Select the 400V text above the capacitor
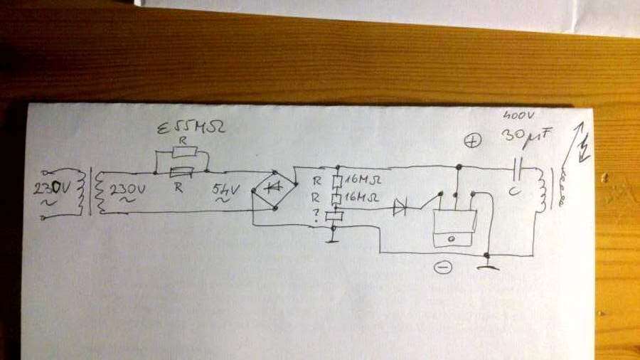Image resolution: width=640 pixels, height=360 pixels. point(515,115)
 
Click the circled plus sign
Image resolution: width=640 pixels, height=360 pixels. point(472,142)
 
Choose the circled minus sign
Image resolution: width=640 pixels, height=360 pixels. point(442,268)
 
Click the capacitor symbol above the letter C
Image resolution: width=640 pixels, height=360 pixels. point(520,169)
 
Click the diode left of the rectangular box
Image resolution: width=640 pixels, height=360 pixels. point(400,208)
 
